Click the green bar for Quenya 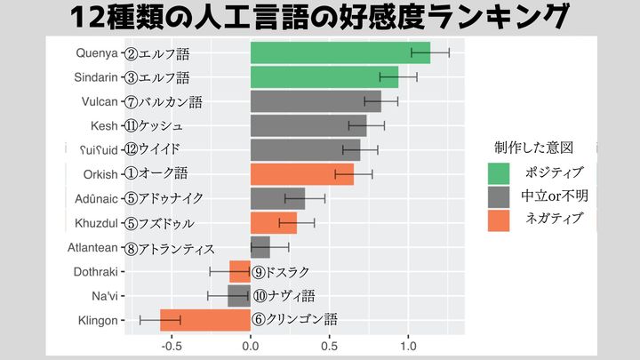click(340, 53)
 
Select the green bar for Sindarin click(324, 77)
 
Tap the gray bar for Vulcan click(316, 101)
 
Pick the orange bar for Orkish click(302, 174)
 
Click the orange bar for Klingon click(205, 320)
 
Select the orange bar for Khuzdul click(274, 222)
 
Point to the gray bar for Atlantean click(260, 247)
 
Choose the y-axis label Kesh click(104, 125)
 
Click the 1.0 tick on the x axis click(408, 346)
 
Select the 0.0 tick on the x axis click(251, 346)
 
